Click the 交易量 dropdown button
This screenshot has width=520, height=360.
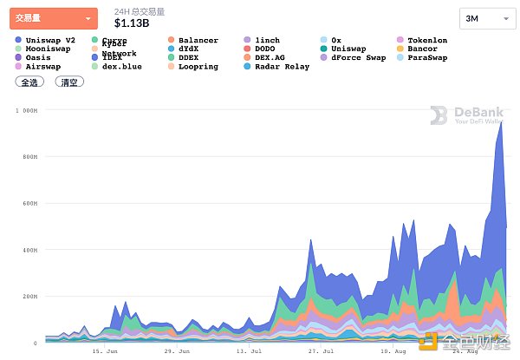click(x=53, y=18)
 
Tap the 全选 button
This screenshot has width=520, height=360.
click(x=29, y=82)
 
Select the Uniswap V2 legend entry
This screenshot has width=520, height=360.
click(x=51, y=41)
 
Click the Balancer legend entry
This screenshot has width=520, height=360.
click(x=198, y=41)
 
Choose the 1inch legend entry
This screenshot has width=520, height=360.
click(x=267, y=41)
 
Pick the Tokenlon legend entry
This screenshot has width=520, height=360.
click(x=426, y=41)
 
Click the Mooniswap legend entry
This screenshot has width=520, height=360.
click(x=49, y=49)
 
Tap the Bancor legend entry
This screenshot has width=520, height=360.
click(x=422, y=49)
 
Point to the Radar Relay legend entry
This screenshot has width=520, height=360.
click(x=282, y=67)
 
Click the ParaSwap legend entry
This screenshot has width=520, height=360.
click(x=426, y=58)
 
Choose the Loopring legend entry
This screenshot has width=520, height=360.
click(x=198, y=67)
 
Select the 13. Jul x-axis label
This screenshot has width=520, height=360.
click(x=249, y=353)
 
